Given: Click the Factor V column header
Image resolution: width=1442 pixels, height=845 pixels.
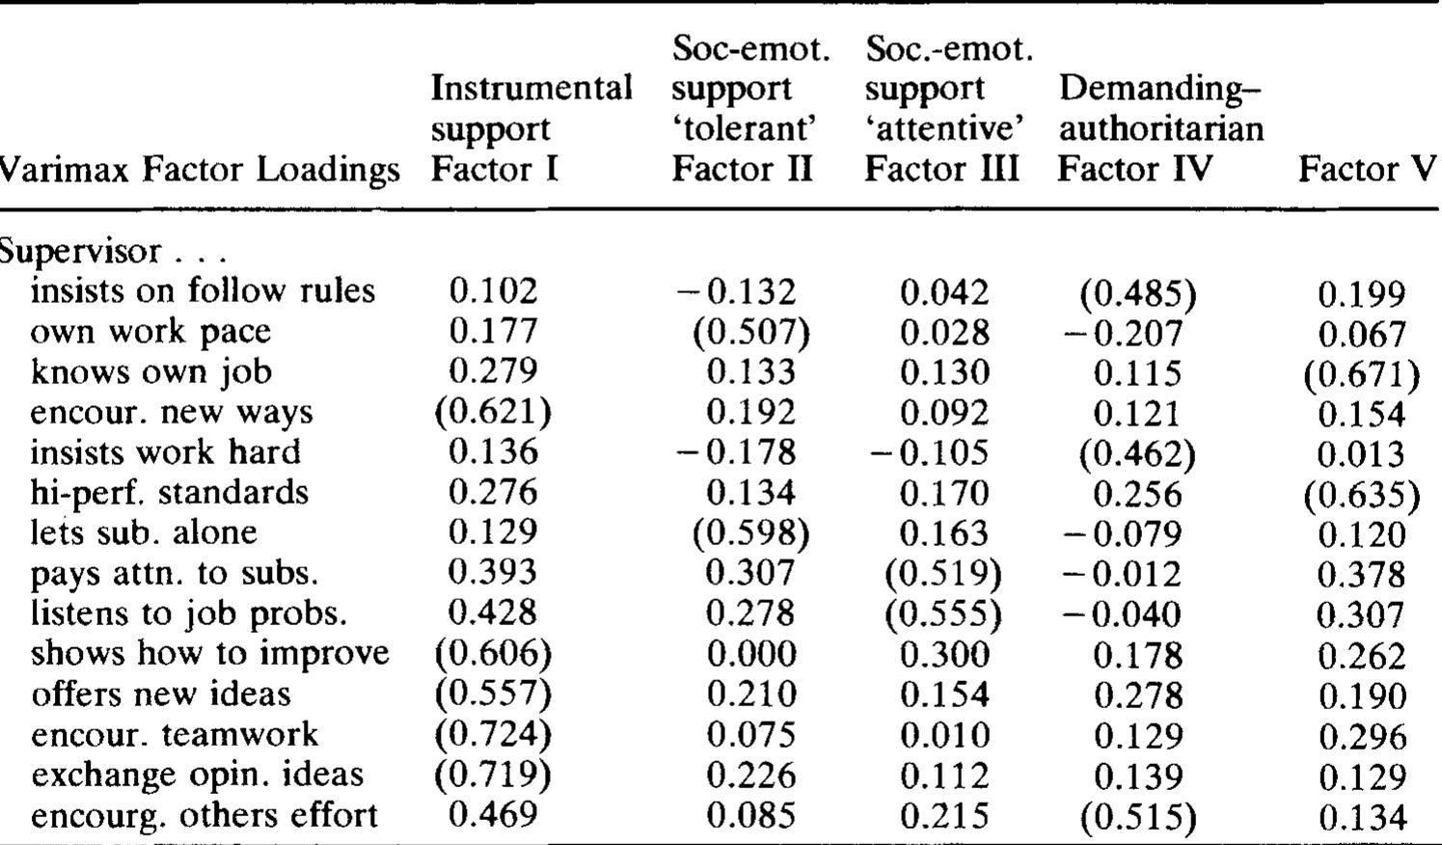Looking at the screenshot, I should click(1367, 170).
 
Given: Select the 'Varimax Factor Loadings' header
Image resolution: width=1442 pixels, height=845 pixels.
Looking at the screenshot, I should click(200, 170).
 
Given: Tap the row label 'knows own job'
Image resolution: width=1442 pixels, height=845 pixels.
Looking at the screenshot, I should click(150, 371).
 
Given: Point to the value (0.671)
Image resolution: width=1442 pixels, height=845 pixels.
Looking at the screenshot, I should click(1361, 374).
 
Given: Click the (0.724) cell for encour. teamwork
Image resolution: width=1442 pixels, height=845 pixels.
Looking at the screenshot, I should click(493, 735).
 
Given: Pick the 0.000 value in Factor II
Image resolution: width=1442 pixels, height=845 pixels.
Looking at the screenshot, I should click(751, 654).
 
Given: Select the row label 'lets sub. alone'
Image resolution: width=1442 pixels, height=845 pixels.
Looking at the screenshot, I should click(144, 532).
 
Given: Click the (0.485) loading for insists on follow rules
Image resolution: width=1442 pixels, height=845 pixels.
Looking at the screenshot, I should click(1138, 293).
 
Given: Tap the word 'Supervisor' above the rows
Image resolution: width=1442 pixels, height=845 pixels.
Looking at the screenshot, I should click(81, 252).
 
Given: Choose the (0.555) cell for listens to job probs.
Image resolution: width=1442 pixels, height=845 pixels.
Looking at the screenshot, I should click(943, 613).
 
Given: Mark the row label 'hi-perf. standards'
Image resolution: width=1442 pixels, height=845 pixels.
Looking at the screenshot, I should click(169, 492).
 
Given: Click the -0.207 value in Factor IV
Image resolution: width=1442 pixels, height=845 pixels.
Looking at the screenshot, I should click(1123, 334).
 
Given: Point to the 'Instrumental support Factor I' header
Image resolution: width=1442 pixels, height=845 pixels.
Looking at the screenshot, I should click(531, 128).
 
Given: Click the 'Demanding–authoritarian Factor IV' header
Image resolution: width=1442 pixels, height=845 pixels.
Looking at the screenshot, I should click(1161, 128).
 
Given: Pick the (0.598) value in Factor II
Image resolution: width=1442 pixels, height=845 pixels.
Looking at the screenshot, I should click(751, 533).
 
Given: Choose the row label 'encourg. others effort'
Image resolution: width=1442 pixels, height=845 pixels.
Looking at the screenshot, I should click(204, 816).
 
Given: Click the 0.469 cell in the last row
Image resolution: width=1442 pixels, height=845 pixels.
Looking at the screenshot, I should click(493, 815).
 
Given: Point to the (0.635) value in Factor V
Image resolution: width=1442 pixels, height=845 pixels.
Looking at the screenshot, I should click(1361, 495).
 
